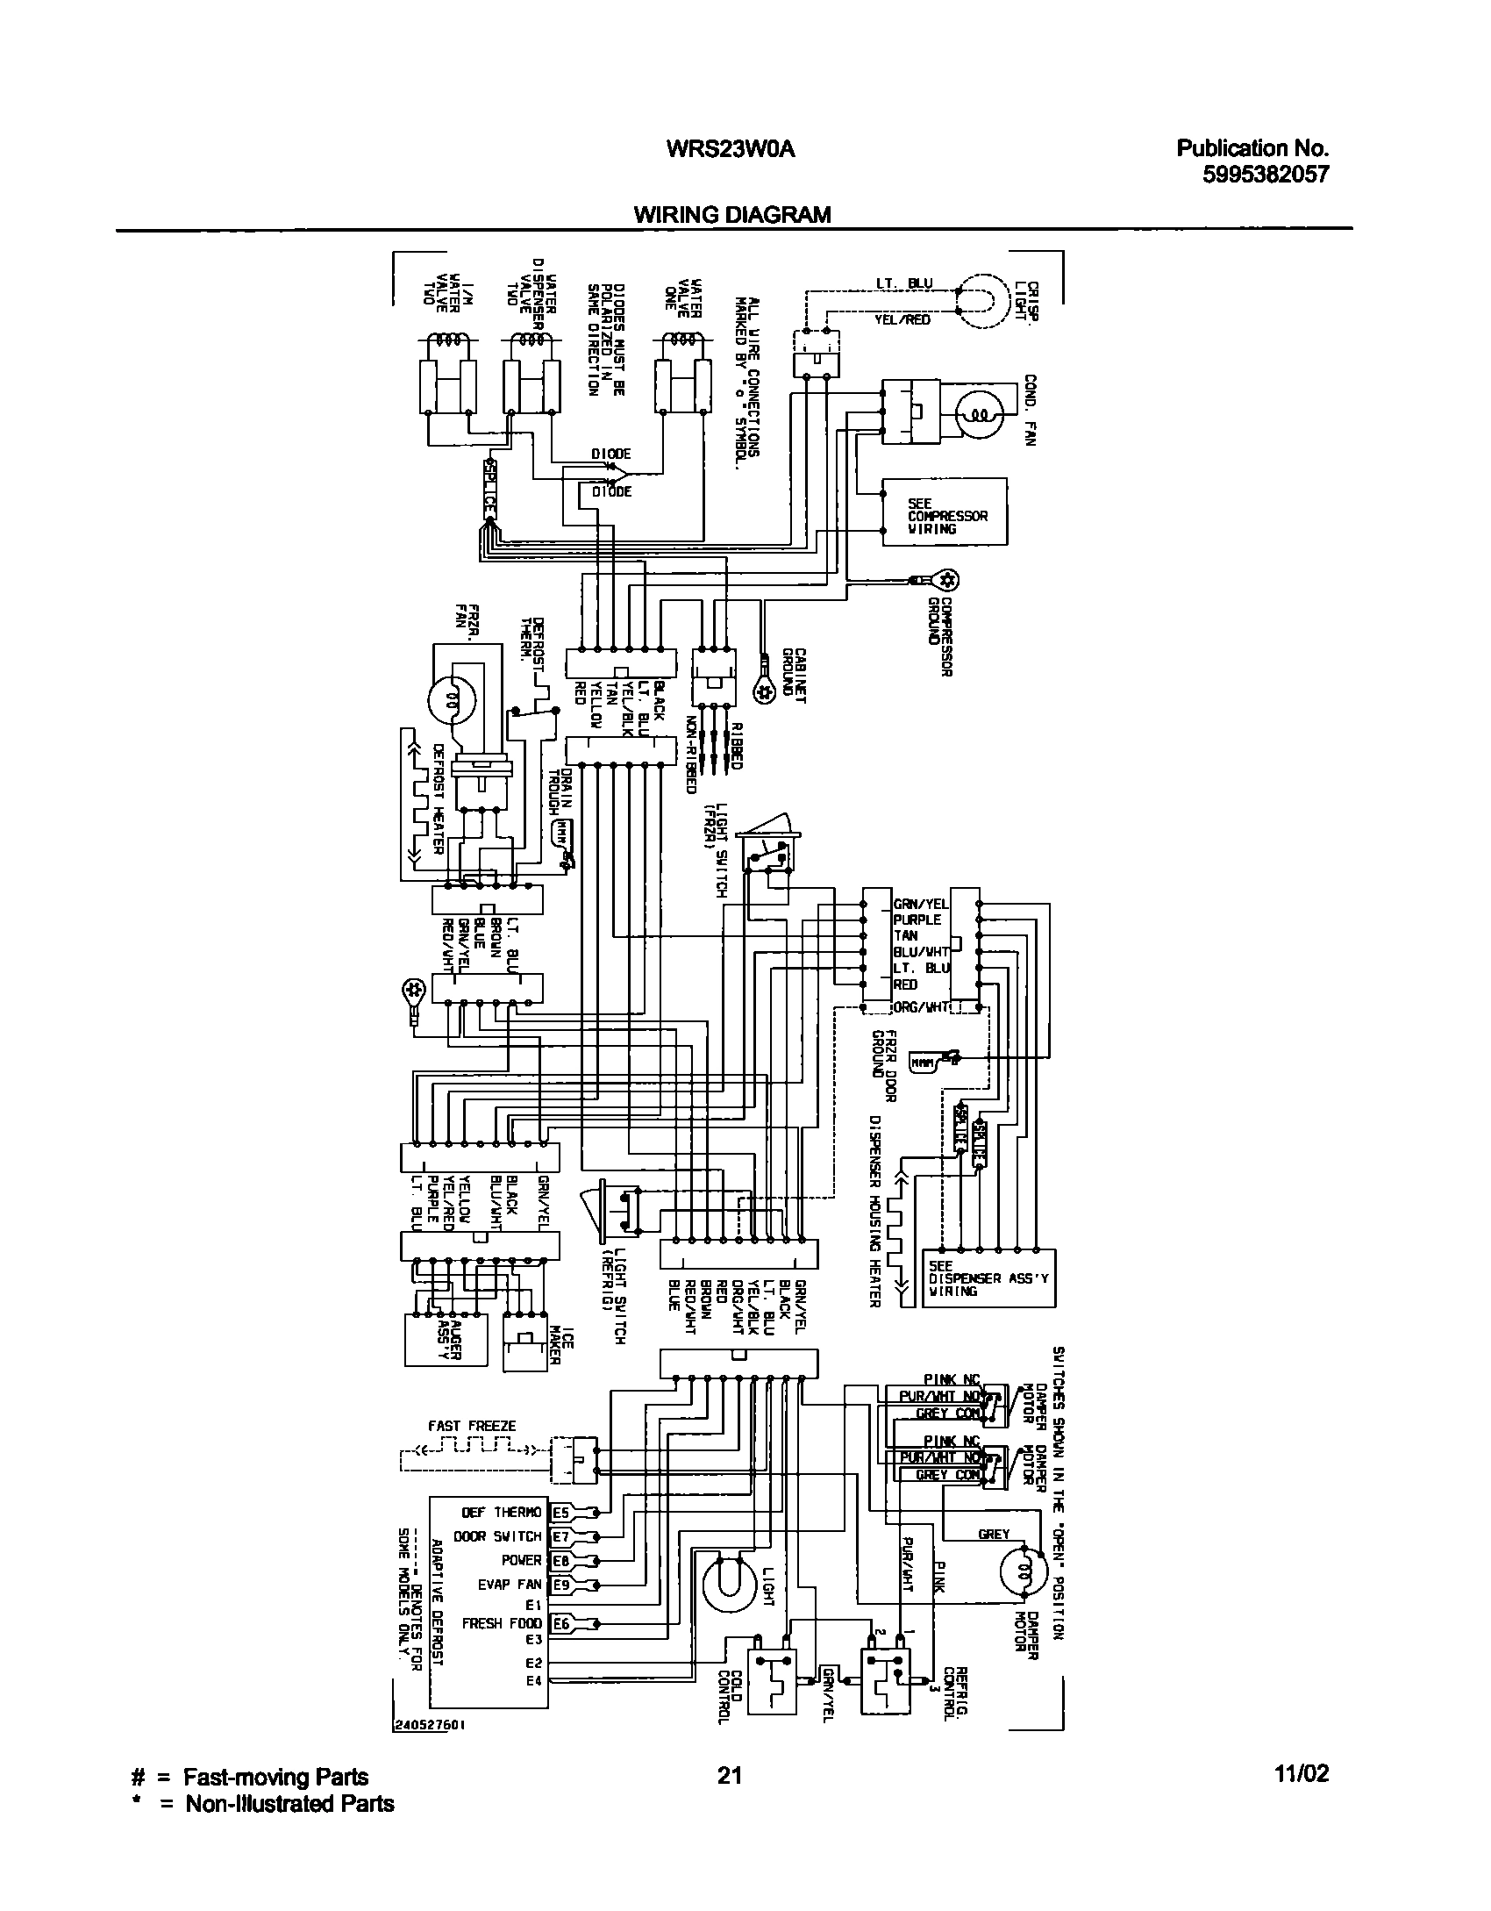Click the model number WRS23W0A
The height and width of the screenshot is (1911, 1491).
pyautogui.click(x=730, y=149)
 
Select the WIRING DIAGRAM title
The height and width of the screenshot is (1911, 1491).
pyautogui.click(x=732, y=215)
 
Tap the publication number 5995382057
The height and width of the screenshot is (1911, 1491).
pyautogui.click(x=1265, y=174)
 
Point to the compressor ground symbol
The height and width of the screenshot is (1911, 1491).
pyautogui.click(x=946, y=580)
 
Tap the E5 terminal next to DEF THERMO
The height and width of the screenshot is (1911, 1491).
pyautogui.click(x=560, y=1513)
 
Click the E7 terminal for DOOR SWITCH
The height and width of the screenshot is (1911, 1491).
pyautogui.click(x=560, y=1536)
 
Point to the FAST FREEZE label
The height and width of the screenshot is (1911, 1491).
pyautogui.click(x=472, y=1426)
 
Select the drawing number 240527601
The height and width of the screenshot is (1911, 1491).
pyautogui.click(x=429, y=1748)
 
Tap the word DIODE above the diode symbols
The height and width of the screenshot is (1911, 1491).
pyautogui.click(x=610, y=454)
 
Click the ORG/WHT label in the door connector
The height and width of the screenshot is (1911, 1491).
pyautogui.click(x=921, y=1007)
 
